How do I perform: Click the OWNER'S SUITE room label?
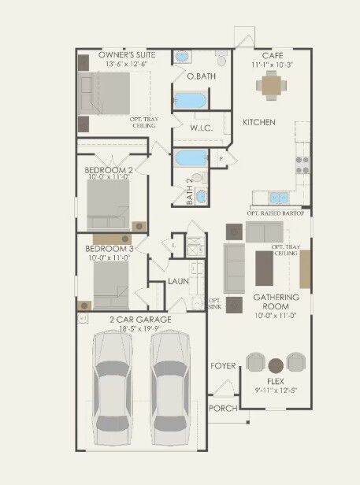tap(126, 54)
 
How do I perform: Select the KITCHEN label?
tap(258, 122)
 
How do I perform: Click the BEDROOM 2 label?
tap(109, 168)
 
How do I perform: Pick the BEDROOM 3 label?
tap(109, 249)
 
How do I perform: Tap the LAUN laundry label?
tap(178, 280)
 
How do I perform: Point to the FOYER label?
tap(223, 366)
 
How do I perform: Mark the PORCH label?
tap(222, 408)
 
